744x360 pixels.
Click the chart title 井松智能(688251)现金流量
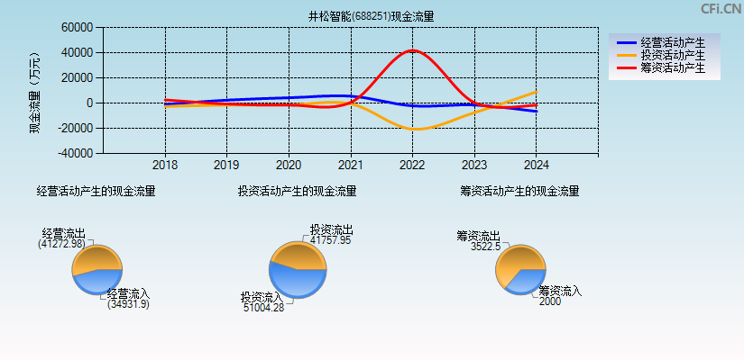[372, 16]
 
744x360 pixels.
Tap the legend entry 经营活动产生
[672, 42]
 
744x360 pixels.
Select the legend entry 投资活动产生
[672, 55]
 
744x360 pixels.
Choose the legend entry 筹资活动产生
[672, 67]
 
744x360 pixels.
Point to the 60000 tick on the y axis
[77, 28]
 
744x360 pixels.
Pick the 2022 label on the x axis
[412, 166]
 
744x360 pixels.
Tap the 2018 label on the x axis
[165, 166]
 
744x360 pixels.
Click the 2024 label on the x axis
[536, 166]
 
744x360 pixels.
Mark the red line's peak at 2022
[412, 50]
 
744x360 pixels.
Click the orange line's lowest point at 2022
[413, 130]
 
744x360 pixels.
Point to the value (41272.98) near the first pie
[61, 244]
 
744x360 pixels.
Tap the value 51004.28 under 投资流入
[263, 308]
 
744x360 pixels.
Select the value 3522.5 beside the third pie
[485, 247]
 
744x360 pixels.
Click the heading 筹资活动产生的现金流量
[519, 191]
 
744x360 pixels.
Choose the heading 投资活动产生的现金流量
[297, 191]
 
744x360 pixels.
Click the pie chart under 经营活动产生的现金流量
[96, 270]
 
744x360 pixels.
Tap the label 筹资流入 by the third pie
[560, 291]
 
